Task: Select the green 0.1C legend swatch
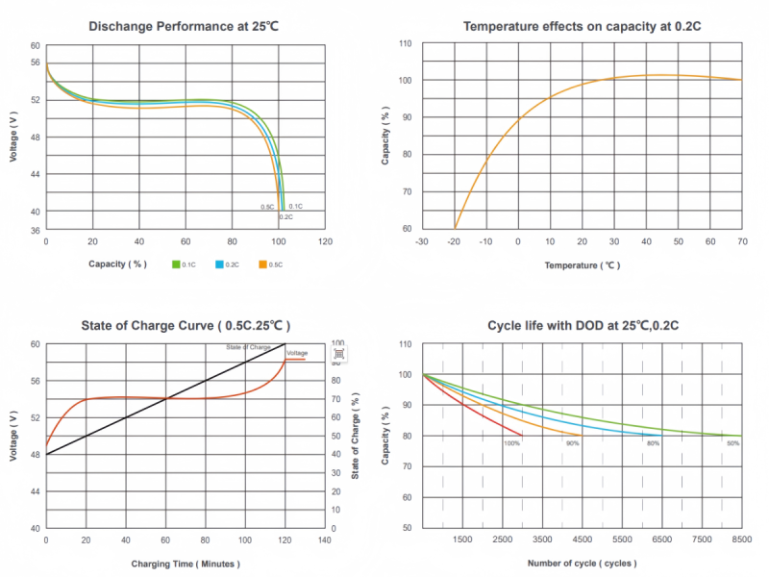tap(177, 263)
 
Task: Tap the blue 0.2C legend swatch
tap(220, 263)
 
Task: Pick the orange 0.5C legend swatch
tap(263, 263)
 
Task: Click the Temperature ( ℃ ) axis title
tap(582, 264)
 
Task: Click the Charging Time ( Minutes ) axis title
tap(186, 564)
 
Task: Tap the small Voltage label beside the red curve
tap(297, 353)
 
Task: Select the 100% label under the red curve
tap(511, 443)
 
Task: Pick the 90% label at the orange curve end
tap(573, 443)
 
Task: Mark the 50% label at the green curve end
tap(732, 443)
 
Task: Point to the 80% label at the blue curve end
tap(654, 443)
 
